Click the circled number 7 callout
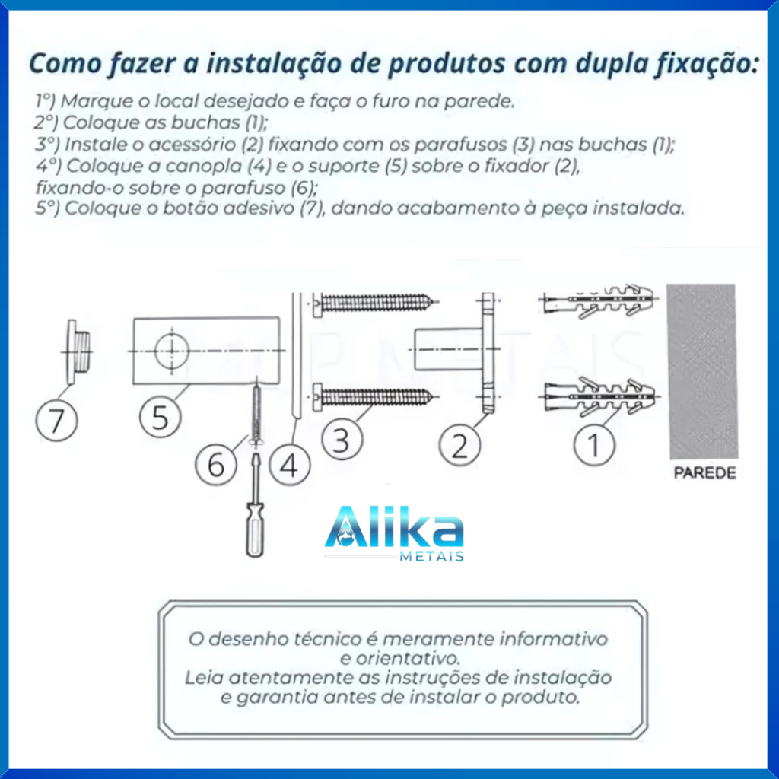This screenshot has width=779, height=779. tap(56, 420)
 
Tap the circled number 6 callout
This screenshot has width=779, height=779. tap(215, 465)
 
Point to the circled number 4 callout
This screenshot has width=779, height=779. tap(290, 465)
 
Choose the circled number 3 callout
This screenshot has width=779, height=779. tap(342, 439)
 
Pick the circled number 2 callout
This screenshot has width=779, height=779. tap(459, 444)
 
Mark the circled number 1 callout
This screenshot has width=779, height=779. tap(594, 444)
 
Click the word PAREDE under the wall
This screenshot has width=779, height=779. tap(704, 473)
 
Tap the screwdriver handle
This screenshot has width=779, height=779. tap(255, 529)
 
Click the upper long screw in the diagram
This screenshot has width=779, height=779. tap(376, 302)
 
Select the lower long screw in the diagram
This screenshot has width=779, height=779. tap(376, 397)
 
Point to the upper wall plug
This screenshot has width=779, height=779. tap(599, 300)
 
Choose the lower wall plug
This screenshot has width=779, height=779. tap(599, 396)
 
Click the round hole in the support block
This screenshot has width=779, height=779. tap(172, 351)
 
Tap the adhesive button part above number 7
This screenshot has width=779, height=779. tap(78, 351)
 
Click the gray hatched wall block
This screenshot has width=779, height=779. tap(702, 371)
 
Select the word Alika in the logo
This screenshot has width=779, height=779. tap(394, 526)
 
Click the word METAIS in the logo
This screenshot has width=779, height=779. tap(432, 556)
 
